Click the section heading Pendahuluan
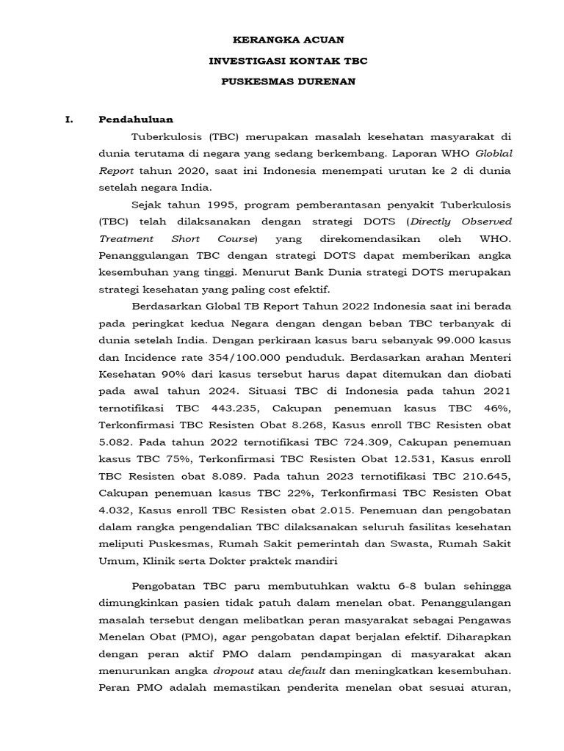point(136,120)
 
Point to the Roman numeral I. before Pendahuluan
point(69,120)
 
